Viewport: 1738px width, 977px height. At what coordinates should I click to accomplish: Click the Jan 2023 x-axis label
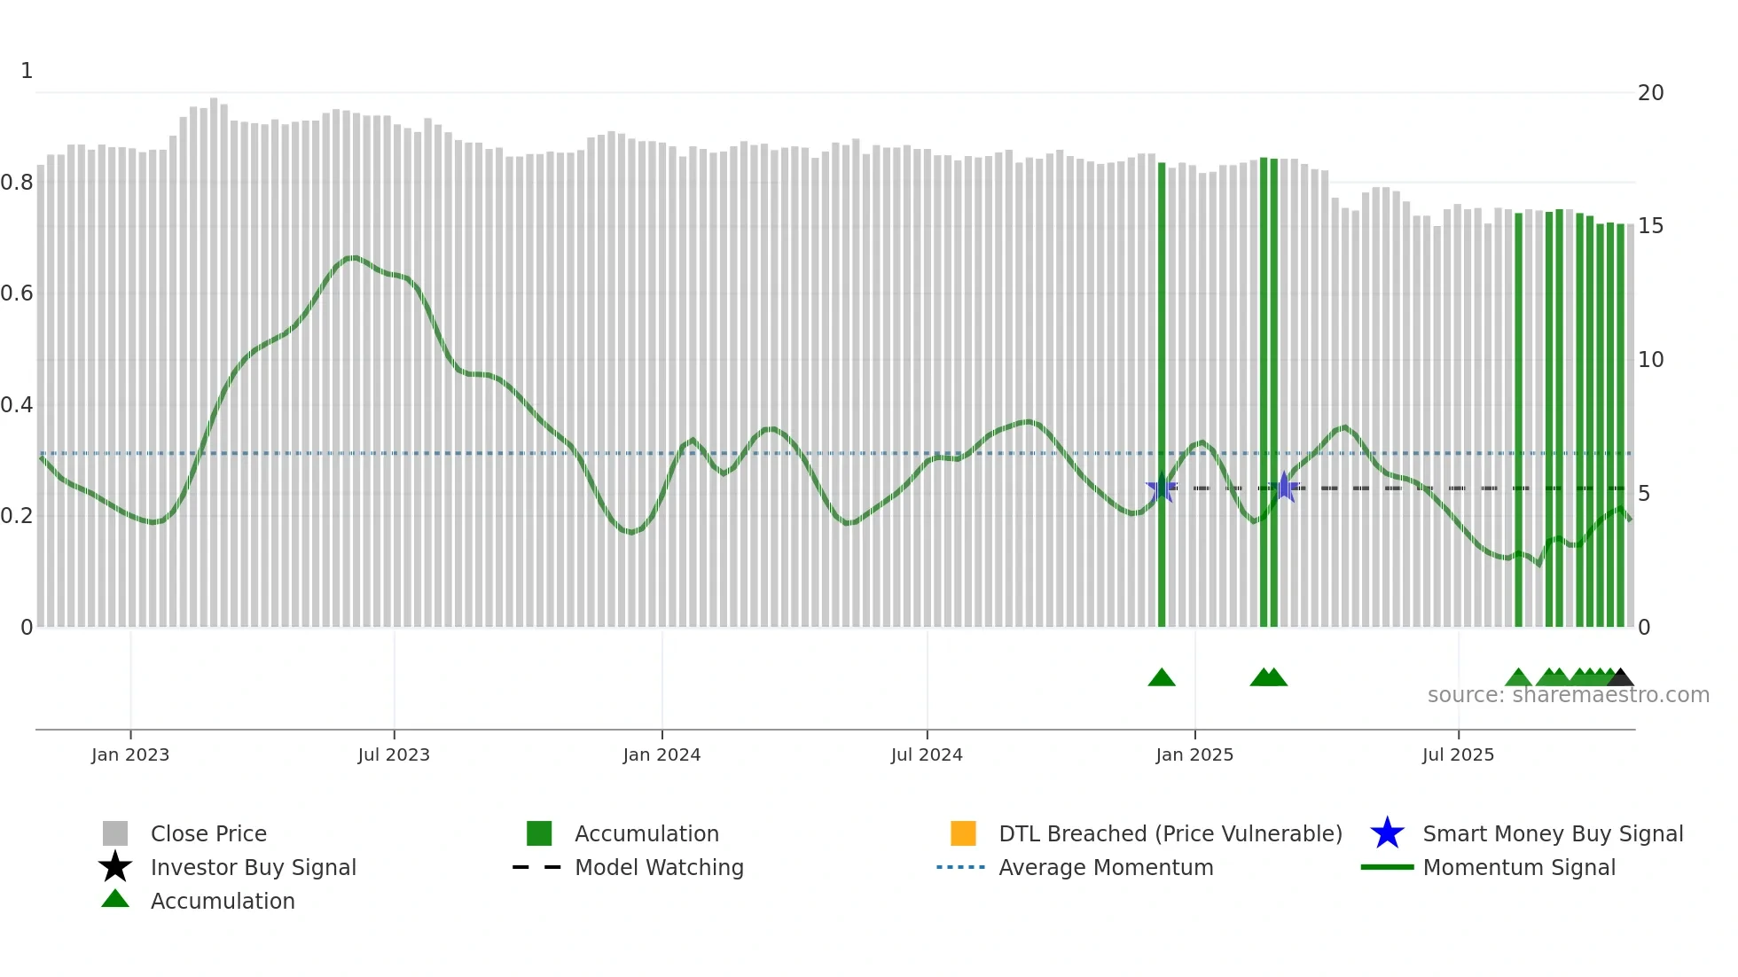point(130,754)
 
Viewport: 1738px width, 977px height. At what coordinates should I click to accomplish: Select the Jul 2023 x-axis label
point(394,754)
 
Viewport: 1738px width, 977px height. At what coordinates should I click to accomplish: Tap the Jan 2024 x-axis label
point(662,754)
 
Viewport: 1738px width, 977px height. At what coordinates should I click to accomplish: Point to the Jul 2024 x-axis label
point(927,754)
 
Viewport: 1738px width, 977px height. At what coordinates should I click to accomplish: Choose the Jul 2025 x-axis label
point(1458,754)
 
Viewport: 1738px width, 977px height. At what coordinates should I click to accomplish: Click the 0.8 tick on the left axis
point(17,183)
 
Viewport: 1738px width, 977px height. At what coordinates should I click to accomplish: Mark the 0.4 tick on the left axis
point(17,405)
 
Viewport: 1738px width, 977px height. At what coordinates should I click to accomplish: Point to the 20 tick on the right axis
point(1650,93)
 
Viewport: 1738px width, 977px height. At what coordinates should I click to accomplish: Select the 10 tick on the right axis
point(1650,360)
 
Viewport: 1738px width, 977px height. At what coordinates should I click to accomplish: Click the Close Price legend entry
point(207,833)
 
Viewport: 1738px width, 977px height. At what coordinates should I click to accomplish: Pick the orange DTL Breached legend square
point(963,833)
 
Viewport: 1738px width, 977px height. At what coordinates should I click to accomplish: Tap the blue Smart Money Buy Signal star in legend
point(1387,833)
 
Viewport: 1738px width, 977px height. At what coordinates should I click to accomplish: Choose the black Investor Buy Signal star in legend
point(115,867)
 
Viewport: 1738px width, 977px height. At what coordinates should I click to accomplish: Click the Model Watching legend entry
point(658,867)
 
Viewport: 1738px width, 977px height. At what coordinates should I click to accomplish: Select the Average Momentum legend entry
point(1105,867)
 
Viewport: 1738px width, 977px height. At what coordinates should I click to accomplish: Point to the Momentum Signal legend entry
point(1518,867)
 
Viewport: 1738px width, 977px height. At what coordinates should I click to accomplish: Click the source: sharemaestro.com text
point(1568,695)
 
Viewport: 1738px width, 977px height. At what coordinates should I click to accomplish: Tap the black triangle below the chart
point(1620,678)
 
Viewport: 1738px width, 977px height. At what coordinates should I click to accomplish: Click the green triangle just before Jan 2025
point(1162,678)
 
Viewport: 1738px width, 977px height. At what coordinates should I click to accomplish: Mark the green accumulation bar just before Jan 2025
point(1162,399)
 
